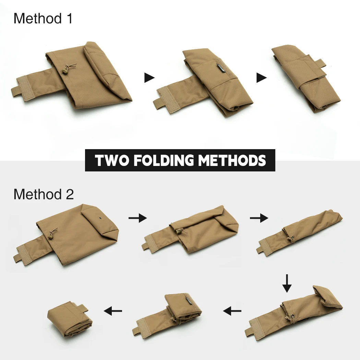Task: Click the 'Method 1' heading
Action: (43, 19)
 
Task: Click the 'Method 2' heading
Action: (44, 194)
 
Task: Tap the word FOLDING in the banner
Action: (164, 160)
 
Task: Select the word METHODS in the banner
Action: (232, 160)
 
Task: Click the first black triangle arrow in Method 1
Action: (149, 77)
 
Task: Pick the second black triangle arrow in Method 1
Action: (262, 77)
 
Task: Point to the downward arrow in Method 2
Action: (287, 283)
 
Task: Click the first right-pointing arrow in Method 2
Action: (137, 218)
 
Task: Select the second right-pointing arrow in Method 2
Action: (259, 218)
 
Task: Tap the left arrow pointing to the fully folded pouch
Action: (113, 311)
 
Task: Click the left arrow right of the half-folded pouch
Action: (232, 311)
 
